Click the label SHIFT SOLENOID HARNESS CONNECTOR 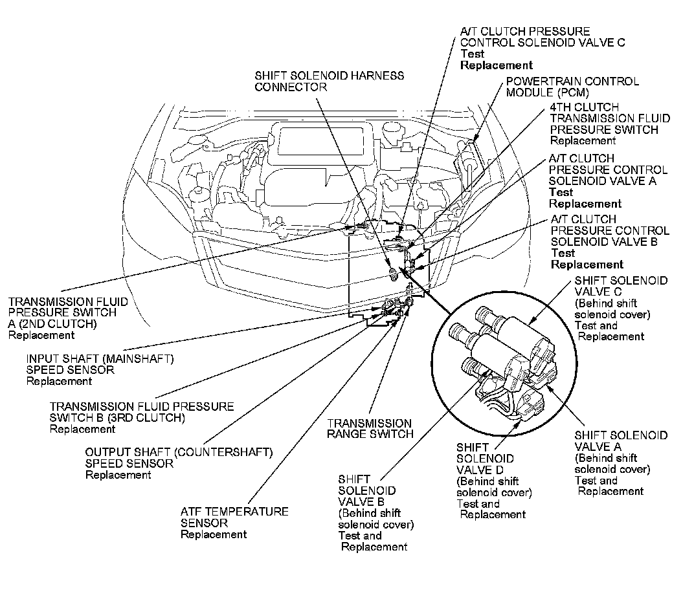(329, 81)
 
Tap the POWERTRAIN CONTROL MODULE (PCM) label (572, 87)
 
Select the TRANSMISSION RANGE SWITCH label (369, 428)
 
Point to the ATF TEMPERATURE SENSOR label (234, 517)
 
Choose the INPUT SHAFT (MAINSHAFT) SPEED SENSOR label (100, 364)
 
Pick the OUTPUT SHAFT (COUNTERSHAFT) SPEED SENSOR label (179, 457)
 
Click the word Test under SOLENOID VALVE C (472, 54)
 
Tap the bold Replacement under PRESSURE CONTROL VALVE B (587, 265)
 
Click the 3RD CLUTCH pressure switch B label (142, 412)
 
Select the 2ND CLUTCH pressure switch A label (67, 312)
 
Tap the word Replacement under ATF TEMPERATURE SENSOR (213, 534)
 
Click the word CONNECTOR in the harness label (291, 87)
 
